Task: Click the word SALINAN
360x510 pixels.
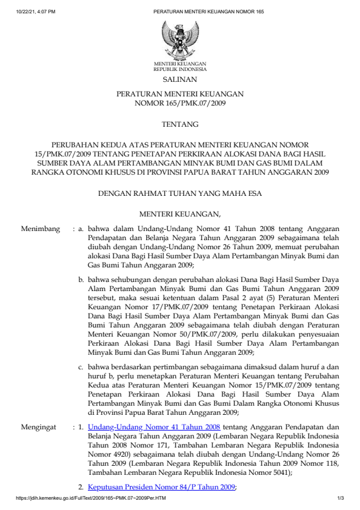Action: [x=180, y=79]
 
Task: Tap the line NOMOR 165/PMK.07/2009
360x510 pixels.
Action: [x=180, y=104]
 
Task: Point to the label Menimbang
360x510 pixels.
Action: [x=41, y=229]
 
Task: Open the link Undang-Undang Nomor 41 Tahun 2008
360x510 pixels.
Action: [x=153, y=427]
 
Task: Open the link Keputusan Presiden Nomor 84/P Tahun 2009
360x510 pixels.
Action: [x=161, y=487]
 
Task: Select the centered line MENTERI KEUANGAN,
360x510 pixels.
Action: [x=180, y=213]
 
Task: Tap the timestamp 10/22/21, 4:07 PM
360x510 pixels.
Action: [x=36, y=12]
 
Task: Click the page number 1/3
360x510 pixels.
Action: [x=341, y=498]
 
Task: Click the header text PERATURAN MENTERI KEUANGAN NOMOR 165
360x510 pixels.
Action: [x=208, y=12]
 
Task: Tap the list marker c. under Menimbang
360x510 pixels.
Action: [x=81, y=367]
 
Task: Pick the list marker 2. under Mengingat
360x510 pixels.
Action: [x=81, y=487]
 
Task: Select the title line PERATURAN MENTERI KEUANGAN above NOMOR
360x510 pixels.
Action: [x=180, y=95]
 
